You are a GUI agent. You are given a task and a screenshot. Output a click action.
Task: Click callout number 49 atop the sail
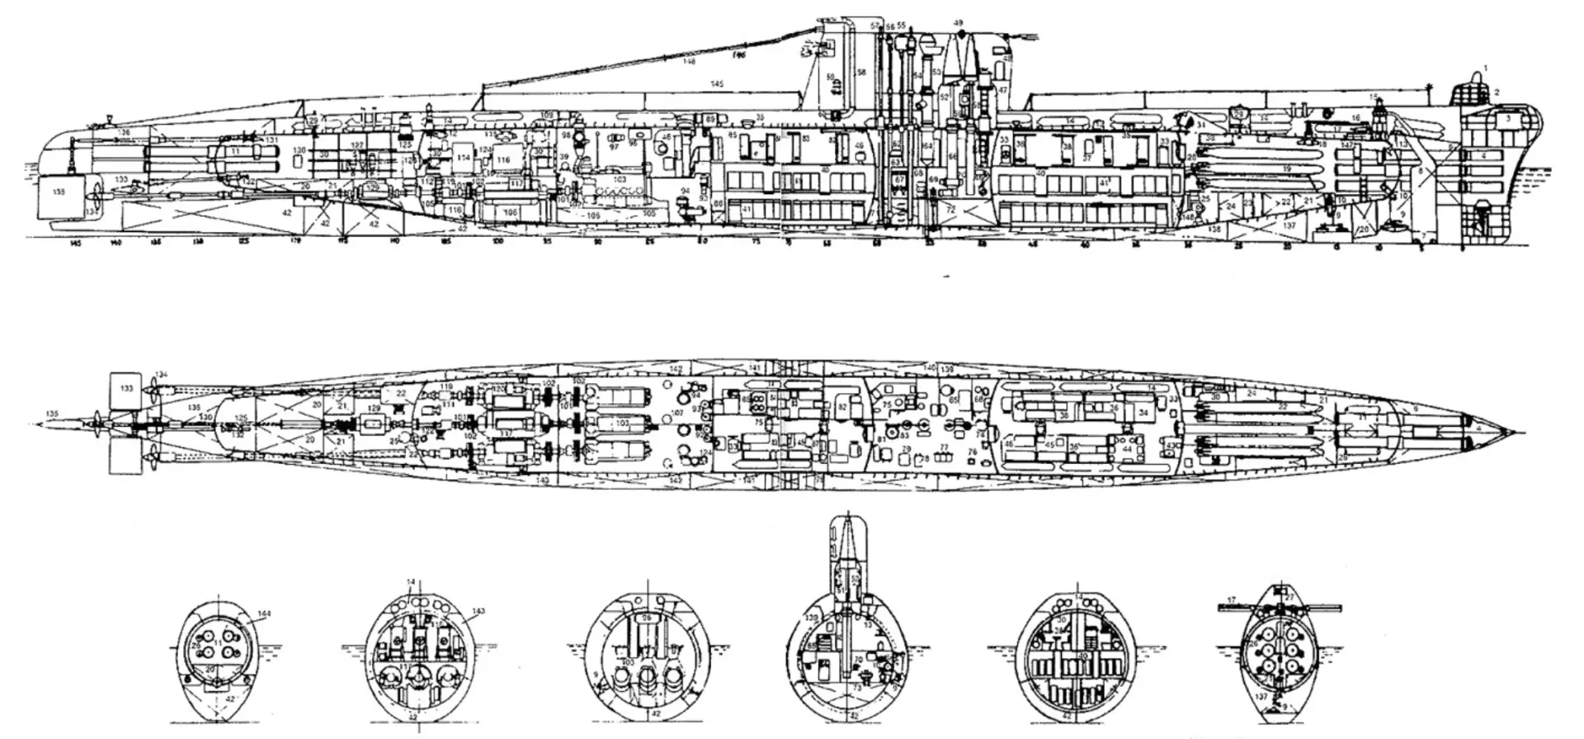click(958, 23)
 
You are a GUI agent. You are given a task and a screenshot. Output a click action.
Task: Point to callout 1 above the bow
click(1486, 67)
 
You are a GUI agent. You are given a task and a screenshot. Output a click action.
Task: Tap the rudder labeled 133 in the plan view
click(125, 387)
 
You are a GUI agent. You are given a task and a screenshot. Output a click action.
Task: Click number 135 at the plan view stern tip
click(53, 414)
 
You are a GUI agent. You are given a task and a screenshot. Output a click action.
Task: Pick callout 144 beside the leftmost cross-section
click(263, 613)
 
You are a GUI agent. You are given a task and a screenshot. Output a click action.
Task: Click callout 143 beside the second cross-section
click(478, 611)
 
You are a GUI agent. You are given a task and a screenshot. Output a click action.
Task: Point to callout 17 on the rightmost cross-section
click(1232, 600)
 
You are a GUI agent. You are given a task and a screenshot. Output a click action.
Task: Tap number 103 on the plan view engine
click(621, 423)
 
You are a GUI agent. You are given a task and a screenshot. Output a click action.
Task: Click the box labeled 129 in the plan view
click(374, 409)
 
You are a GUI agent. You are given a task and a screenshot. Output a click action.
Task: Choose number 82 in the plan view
click(842, 407)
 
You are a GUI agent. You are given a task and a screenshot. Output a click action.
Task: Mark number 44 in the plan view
click(1127, 449)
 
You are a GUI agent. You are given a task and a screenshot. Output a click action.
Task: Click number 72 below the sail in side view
click(950, 210)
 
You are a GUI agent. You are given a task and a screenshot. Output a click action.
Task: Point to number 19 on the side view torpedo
click(1286, 168)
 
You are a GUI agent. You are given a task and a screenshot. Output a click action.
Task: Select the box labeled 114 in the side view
click(464, 157)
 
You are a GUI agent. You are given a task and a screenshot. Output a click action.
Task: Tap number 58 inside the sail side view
click(860, 73)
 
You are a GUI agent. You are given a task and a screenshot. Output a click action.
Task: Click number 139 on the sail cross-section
click(811, 618)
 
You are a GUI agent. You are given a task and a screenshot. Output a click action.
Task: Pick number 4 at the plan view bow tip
click(1478, 429)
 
